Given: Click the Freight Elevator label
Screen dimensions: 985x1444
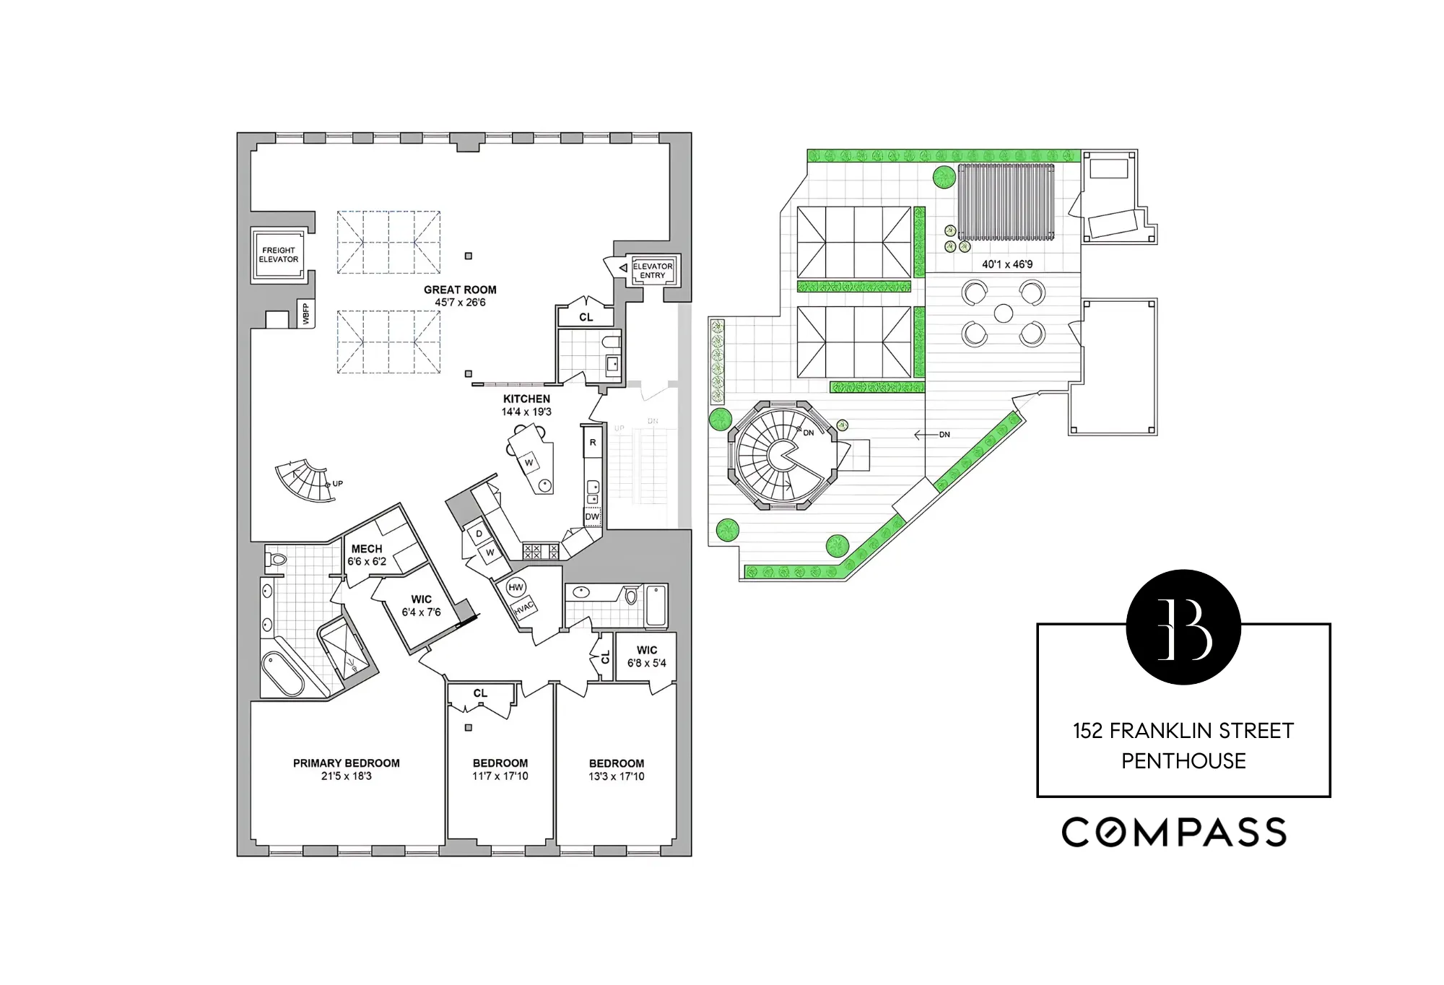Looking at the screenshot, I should coord(279,255).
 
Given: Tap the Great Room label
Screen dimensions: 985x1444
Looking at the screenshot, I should coord(460,290).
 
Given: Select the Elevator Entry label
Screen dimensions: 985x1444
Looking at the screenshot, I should coord(653,271).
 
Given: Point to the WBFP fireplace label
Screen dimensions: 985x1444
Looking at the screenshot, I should coord(306,314).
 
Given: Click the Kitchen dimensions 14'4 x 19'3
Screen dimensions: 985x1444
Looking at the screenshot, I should coord(526,412).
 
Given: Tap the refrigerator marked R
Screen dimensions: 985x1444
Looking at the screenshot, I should coord(593,443).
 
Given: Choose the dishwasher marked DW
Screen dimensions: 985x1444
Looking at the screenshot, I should coord(592,516).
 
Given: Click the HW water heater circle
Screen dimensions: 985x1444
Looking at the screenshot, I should coord(516,587).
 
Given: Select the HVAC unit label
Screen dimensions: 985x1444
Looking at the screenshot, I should coord(524,609).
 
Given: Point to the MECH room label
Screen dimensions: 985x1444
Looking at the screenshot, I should coord(367,549).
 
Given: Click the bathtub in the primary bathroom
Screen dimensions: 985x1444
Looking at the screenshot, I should coord(282,672).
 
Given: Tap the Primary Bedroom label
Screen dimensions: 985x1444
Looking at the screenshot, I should coord(346,763).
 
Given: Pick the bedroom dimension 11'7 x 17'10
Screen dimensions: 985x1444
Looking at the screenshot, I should coord(500,776).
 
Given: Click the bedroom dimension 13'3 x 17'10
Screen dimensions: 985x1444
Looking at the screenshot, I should coord(616,776).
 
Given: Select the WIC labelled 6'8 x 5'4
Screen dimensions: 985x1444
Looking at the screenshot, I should coord(647,656).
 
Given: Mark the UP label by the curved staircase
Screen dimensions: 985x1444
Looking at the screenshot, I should coord(337,484).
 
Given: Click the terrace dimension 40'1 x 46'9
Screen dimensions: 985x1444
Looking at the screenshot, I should coord(1007,264).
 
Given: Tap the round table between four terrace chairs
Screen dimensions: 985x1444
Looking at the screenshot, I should coord(1004,313).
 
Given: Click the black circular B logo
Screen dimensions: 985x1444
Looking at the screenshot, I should coord(1183,627).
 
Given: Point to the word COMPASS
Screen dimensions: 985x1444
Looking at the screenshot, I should coord(1174,832).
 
